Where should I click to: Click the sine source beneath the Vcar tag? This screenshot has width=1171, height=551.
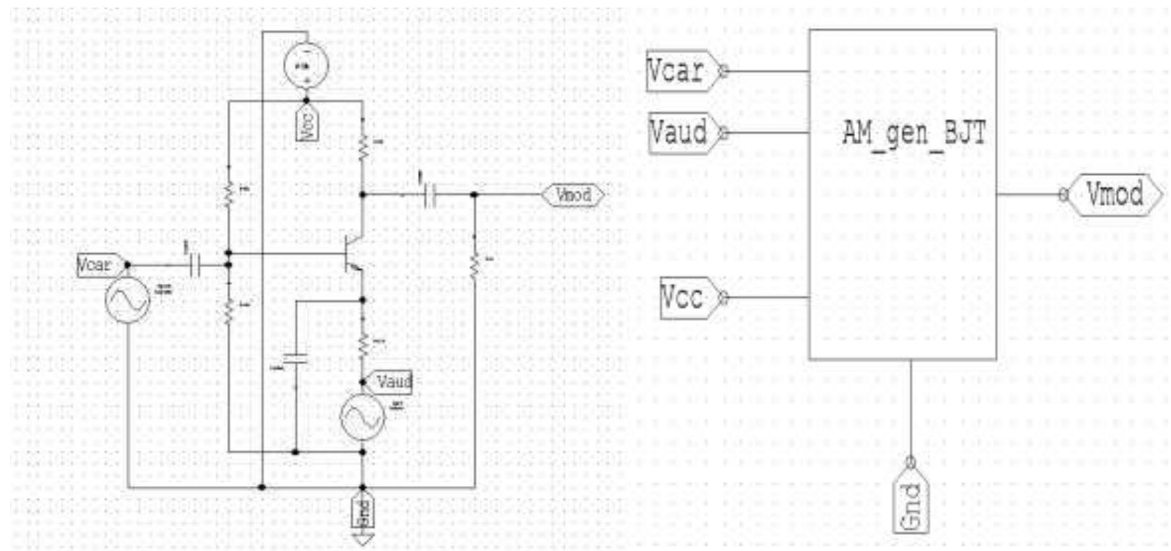click(127, 300)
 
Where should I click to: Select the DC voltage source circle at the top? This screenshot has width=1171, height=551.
click(306, 66)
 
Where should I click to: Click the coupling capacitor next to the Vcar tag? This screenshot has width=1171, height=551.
click(195, 266)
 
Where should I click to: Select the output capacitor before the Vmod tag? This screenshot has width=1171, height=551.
click(430, 195)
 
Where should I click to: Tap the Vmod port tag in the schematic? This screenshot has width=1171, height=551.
click(573, 195)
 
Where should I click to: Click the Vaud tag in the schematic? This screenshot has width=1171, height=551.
click(392, 382)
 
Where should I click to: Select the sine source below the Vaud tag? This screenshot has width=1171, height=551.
click(363, 417)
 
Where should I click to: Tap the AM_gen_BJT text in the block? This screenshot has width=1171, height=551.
click(914, 134)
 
